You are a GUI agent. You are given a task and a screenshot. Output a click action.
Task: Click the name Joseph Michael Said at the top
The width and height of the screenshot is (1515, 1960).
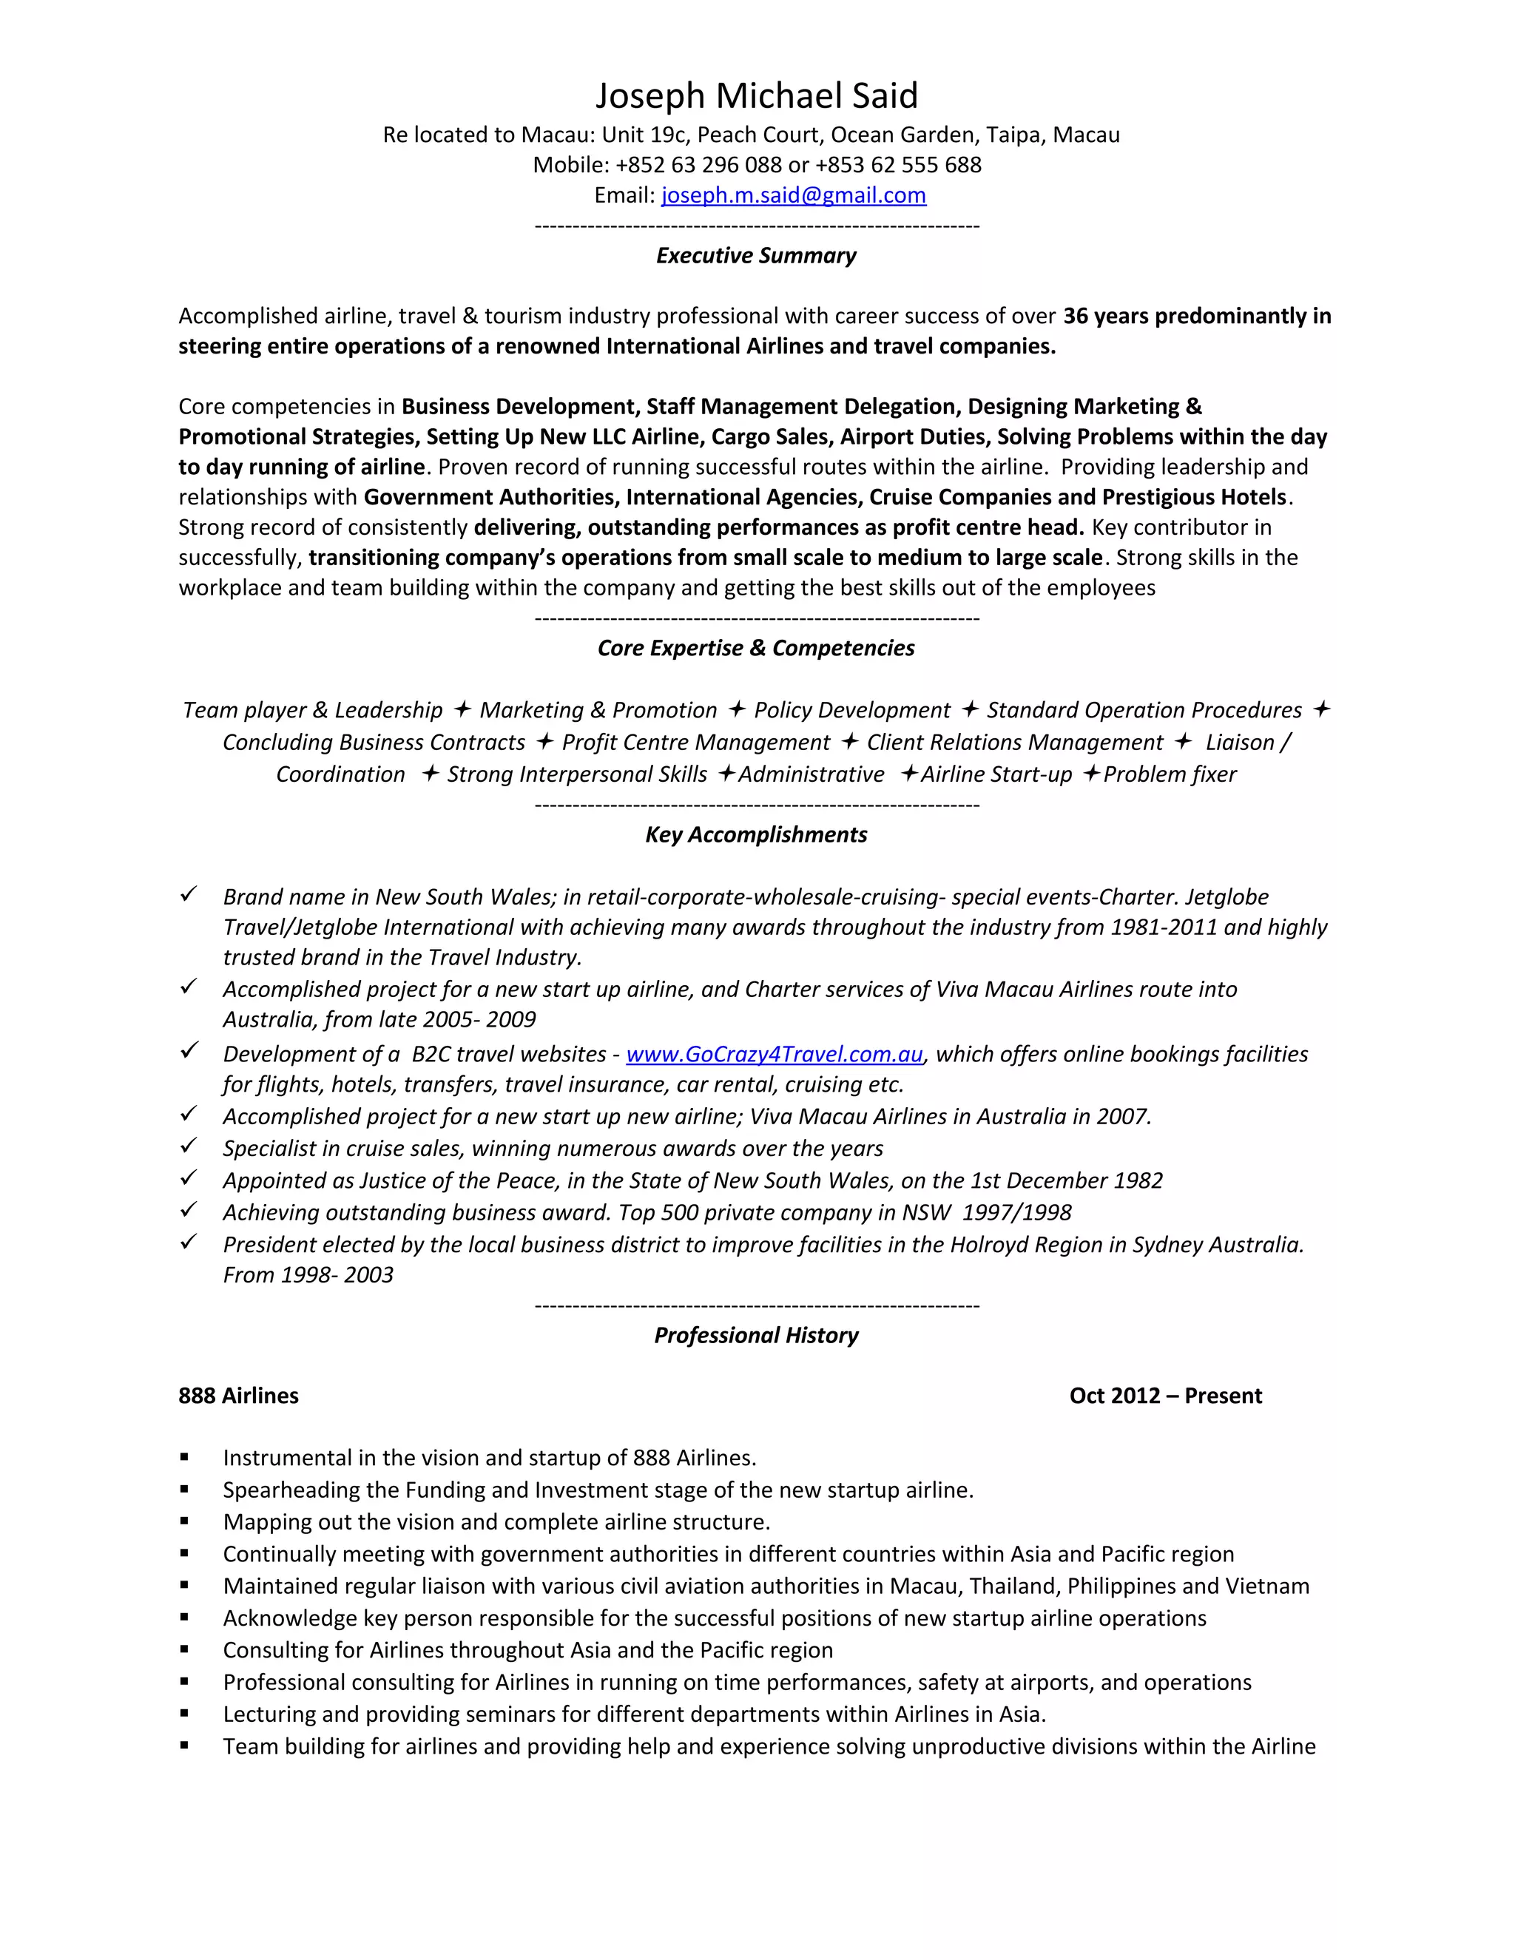(x=757, y=96)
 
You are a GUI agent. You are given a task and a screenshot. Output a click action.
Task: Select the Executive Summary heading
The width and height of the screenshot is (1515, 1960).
(x=756, y=256)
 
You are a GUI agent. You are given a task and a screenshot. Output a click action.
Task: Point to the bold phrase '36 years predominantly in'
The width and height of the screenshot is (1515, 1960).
(x=1196, y=316)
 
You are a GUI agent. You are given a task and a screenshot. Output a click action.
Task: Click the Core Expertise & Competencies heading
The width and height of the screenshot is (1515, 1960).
(x=756, y=648)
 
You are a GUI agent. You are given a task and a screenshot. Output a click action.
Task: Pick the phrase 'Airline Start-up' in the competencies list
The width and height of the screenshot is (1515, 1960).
(x=996, y=774)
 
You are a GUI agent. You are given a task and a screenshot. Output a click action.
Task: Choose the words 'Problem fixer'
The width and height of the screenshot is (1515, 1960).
(x=1170, y=774)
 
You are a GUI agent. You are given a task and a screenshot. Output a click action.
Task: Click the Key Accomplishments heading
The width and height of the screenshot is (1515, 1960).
(x=756, y=834)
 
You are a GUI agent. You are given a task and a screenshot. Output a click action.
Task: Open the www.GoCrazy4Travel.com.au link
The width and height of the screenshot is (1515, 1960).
(x=774, y=1055)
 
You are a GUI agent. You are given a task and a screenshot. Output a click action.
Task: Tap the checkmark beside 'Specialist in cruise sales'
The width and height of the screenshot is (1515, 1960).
(x=189, y=1146)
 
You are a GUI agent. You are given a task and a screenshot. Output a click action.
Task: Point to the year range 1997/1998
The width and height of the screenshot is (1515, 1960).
(x=1017, y=1213)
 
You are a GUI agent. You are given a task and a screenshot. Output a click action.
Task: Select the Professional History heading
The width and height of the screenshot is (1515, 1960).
(x=756, y=1335)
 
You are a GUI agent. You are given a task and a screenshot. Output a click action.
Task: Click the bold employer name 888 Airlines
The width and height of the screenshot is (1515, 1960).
(x=239, y=1396)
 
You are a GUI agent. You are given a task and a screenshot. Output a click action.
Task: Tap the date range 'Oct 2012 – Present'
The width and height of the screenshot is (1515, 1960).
(x=1165, y=1396)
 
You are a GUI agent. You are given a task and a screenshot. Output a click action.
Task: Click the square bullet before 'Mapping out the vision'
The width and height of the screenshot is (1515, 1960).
(x=184, y=1521)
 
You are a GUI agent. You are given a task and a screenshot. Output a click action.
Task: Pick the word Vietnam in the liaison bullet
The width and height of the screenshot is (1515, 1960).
(x=1267, y=1586)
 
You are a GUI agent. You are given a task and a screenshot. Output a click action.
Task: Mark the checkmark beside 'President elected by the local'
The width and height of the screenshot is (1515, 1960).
(x=189, y=1242)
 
